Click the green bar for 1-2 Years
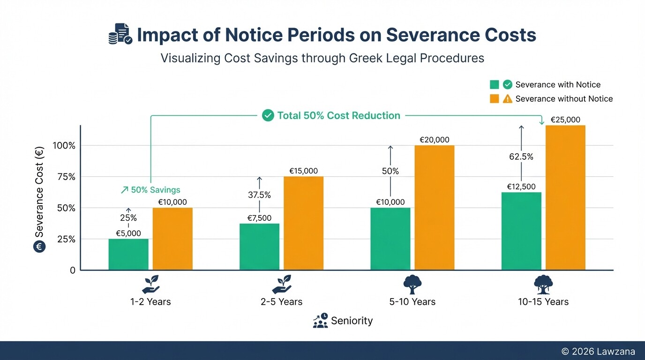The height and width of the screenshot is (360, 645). point(128,255)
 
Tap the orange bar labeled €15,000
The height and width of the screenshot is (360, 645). point(303,223)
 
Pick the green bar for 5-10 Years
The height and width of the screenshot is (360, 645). point(390,239)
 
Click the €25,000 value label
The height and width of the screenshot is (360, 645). point(565,120)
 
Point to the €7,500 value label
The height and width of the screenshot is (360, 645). point(259,218)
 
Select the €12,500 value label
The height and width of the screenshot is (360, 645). point(521,187)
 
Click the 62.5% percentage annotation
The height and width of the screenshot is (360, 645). point(521,157)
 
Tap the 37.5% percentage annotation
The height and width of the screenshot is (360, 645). point(259,195)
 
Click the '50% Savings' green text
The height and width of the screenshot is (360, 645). point(150,190)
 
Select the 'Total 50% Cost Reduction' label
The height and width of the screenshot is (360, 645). point(338,115)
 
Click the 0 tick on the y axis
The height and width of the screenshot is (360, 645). point(72,270)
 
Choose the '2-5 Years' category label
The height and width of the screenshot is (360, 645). point(281,302)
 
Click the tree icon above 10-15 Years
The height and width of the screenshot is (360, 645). point(543,285)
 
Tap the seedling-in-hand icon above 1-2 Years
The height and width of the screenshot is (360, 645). point(150,285)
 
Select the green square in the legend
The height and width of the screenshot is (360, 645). point(494,85)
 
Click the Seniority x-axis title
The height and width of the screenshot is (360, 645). point(352,321)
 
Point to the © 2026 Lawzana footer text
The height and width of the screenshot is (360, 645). point(598,351)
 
